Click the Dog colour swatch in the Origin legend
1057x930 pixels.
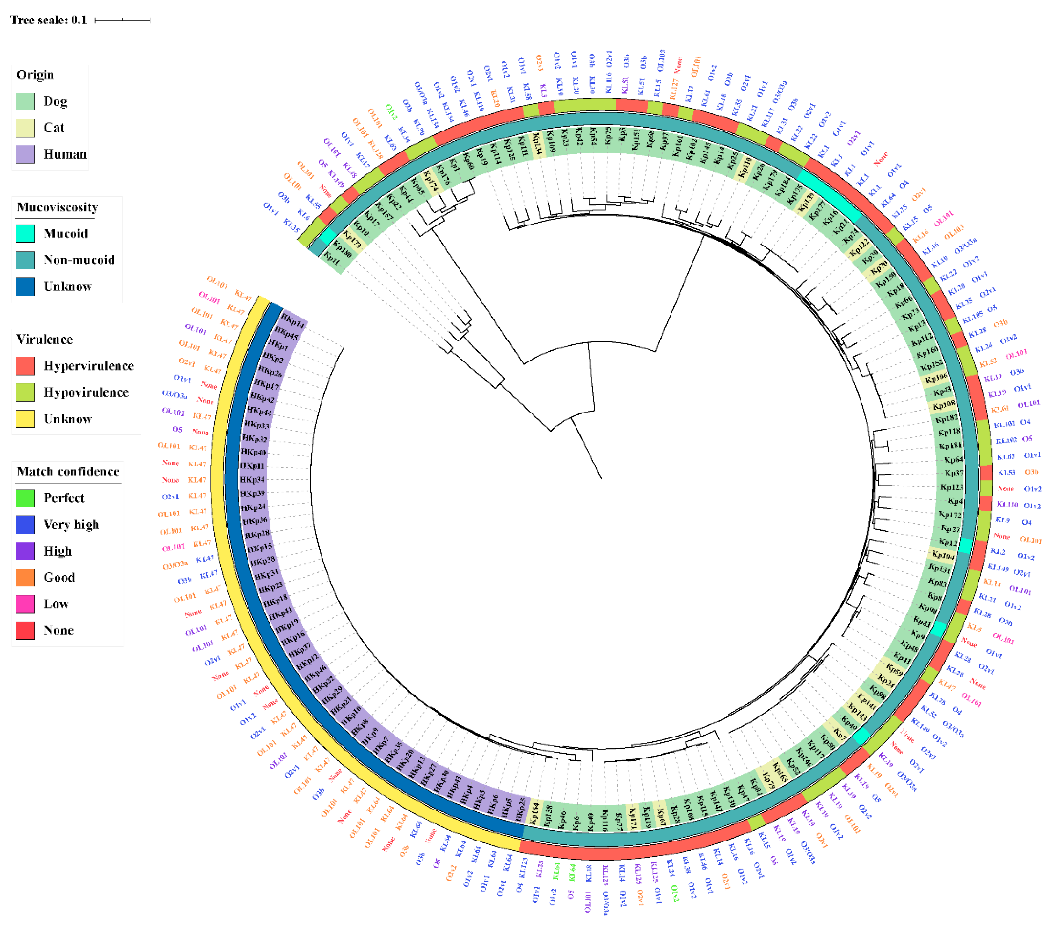25,101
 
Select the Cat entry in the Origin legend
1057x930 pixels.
54,128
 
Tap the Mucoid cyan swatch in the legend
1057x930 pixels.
25,234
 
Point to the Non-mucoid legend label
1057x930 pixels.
79,260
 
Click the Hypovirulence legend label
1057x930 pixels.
86,392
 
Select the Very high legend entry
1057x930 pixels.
71,525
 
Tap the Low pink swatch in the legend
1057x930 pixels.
25,604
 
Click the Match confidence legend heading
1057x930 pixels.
68,472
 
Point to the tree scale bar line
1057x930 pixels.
122,20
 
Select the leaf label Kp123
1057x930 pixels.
952,487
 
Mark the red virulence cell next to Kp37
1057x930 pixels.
986,473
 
